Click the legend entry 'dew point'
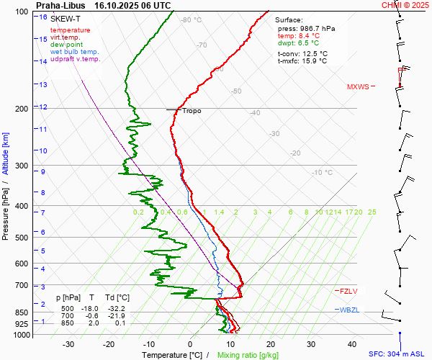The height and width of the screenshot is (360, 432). coord(65,45)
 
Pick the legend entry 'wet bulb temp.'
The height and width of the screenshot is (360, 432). coord(74,52)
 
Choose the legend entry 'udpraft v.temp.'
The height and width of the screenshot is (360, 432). coord(75,59)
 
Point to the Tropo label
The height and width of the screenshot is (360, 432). coord(192,111)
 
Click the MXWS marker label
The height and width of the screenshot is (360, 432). coord(358,87)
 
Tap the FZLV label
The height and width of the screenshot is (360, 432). coord(349,291)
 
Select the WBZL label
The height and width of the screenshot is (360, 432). coord(349,310)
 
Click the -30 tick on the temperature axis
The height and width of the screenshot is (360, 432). coord(68,344)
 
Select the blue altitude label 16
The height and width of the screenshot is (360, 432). coord(43,17)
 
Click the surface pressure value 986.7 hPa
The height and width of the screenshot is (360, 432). coord(316,28)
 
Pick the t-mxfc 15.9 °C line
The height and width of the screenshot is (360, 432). coord(302,61)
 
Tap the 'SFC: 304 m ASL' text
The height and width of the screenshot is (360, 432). coord(398,354)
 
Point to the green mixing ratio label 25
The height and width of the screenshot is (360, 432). coord(372,212)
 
